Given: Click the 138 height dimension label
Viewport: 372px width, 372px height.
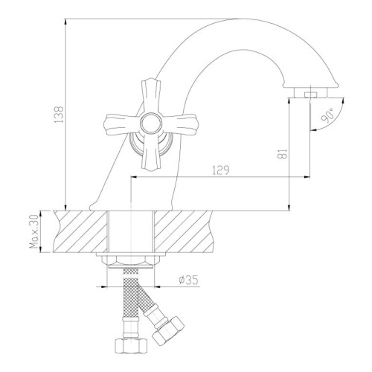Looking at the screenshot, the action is point(59,115).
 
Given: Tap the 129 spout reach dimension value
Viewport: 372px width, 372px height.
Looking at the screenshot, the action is point(221,170).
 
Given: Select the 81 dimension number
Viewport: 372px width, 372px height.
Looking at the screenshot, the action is point(283,154).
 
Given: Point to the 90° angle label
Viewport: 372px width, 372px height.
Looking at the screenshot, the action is point(328,115).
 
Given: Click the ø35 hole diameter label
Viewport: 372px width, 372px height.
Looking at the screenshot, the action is point(188,280).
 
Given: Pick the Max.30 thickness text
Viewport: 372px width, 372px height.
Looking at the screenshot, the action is point(34,231).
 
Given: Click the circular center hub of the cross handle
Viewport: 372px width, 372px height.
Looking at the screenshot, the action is point(151,124).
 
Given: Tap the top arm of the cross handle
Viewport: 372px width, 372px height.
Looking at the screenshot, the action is point(150,96).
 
